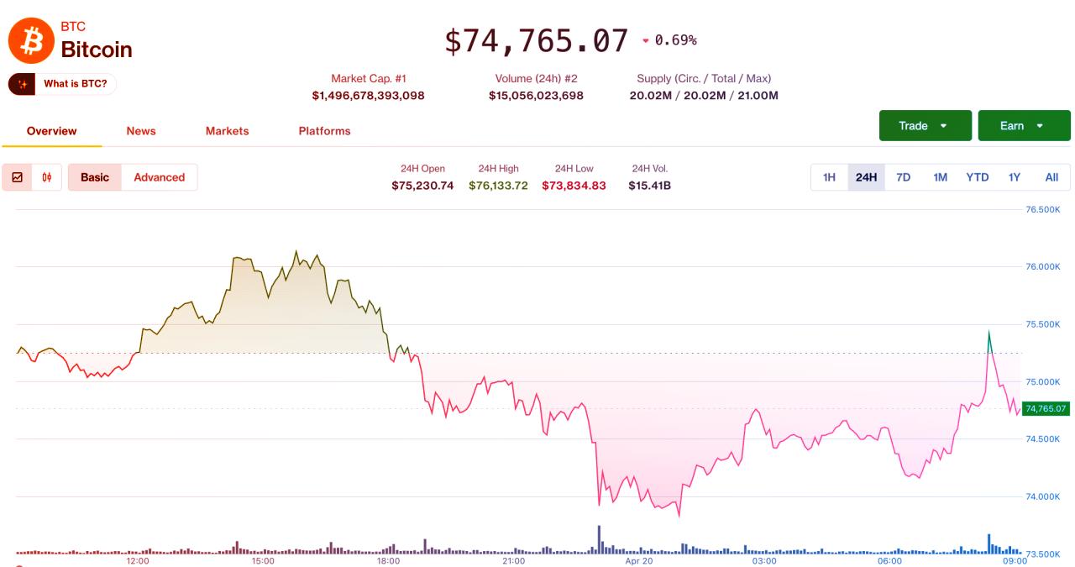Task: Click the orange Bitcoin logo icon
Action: click(31, 40)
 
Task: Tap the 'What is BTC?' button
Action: click(63, 84)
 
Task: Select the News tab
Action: click(141, 131)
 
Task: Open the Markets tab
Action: click(227, 131)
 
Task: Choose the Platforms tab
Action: click(324, 131)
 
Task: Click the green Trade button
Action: click(925, 126)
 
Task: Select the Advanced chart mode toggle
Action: click(159, 177)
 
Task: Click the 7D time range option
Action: click(903, 177)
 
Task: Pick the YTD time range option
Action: click(977, 177)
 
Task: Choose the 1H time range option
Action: click(829, 177)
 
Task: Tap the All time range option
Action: click(1051, 177)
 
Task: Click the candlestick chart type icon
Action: click(47, 177)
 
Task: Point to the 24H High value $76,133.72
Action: click(498, 186)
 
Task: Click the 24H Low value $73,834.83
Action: click(574, 186)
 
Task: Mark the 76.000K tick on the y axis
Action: click(1042, 267)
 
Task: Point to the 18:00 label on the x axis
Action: click(388, 560)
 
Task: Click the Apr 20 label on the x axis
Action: click(639, 560)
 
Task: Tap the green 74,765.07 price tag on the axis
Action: click(1046, 409)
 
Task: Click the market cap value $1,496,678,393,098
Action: click(368, 96)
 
